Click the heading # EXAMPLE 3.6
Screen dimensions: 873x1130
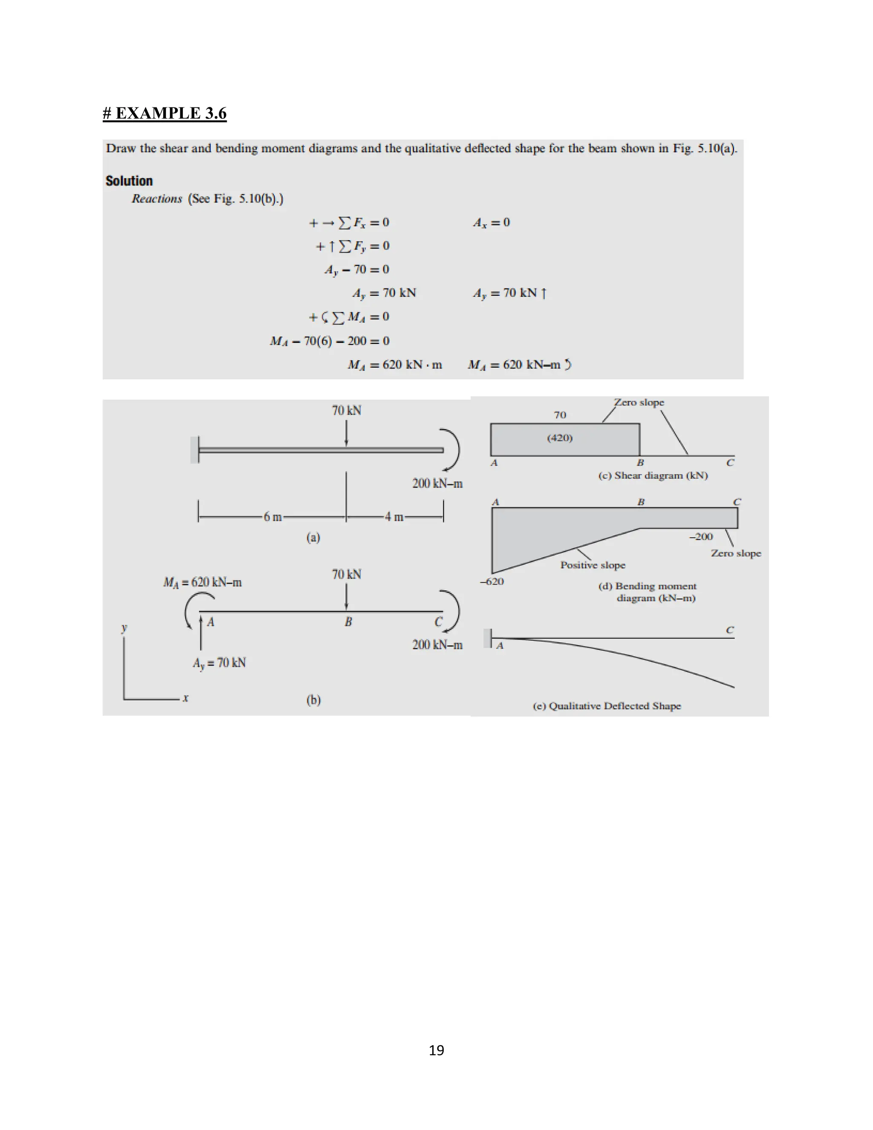point(165,113)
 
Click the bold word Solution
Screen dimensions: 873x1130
point(129,181)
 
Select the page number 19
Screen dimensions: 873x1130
point(436,1050)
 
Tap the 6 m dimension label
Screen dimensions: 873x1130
point(272,517)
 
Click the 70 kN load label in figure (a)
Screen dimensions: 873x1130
point(347,411)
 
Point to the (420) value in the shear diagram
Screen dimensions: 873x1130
point(560,438)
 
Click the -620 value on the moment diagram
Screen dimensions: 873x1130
point(492,582)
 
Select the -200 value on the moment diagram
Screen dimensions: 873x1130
point(701,537)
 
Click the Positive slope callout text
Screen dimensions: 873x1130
point(593,565)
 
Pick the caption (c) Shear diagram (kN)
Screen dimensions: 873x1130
point(653,475)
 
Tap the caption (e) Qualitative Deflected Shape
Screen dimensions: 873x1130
point(607,706)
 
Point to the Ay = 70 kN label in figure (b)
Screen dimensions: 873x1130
point(219,663)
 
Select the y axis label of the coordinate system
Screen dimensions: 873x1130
point(124,628)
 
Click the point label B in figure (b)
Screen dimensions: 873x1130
point(348,622)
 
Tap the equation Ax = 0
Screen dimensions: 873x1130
point(491,223)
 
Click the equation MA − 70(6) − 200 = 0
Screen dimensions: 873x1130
point(330,341)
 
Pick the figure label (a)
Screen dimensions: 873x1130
point(313,538)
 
